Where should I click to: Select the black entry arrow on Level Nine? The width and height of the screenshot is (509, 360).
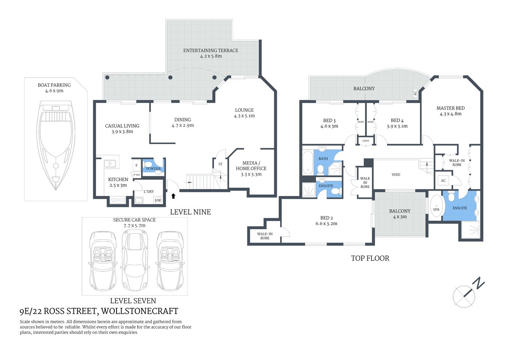tap(173, 196)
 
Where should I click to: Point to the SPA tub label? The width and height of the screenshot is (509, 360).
tap(436, 209)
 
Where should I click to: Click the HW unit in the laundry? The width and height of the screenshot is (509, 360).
tap(158, 201)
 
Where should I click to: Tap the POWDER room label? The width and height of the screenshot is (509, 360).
tap(153, 169)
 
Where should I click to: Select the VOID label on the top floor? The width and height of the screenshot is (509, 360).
tap(396, 175)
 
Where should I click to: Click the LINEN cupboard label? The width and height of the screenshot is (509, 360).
tap(365, 141)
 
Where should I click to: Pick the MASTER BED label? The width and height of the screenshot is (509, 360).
tap(451, 108)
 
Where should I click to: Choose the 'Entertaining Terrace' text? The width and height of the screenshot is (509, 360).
tap(211, 50)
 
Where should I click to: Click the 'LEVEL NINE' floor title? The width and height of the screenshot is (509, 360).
tap(190, 212)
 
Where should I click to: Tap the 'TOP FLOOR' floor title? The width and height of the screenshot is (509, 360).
tap(370, 258)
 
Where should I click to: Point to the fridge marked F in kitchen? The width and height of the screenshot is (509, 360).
tap(136, 165)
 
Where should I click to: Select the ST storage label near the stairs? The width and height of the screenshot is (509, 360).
tap(220, 164)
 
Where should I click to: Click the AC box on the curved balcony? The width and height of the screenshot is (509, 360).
tap(415, 93)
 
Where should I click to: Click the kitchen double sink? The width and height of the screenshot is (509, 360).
tap(110, 163)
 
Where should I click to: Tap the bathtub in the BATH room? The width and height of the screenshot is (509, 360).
tap(308, 162)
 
